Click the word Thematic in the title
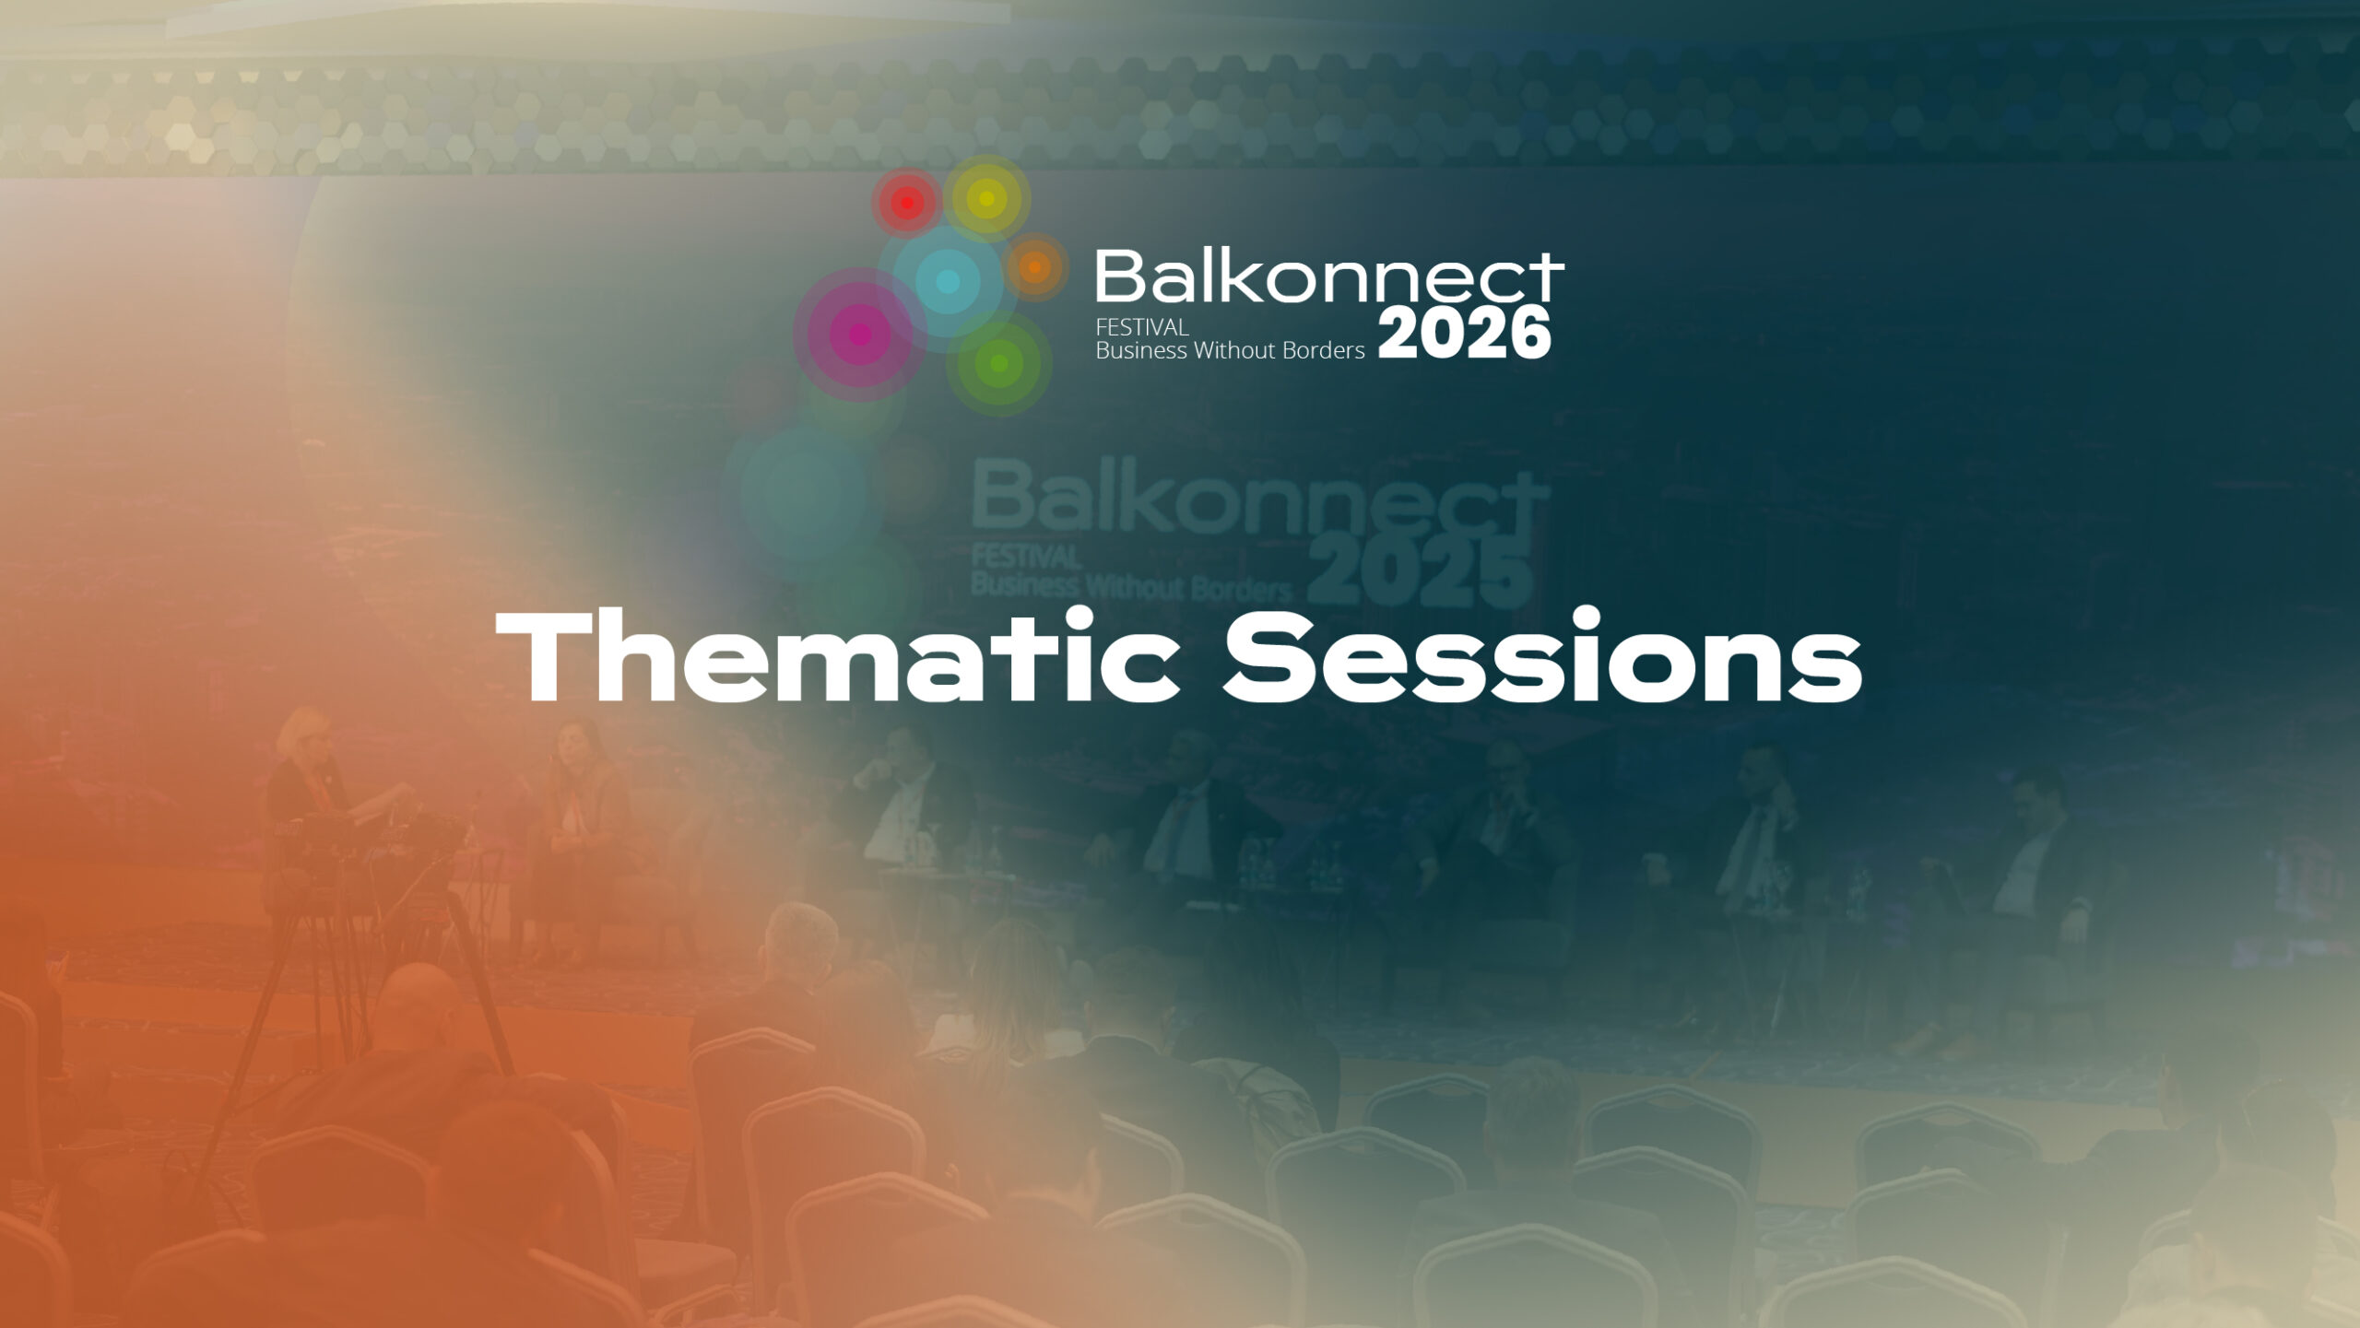point(838,655)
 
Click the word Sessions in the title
point(1542,656)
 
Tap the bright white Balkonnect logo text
point(1329,276)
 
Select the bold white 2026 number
point(1465,333)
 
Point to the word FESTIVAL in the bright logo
point(1141,327)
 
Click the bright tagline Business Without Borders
point(1230,351)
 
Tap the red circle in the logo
point(907,203)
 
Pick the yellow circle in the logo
point(986,198)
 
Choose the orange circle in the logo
point(1035,267)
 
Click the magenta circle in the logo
point(860,334)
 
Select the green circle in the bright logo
point(998,363)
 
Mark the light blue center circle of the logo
point(947,281)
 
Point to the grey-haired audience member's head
point(801,940)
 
